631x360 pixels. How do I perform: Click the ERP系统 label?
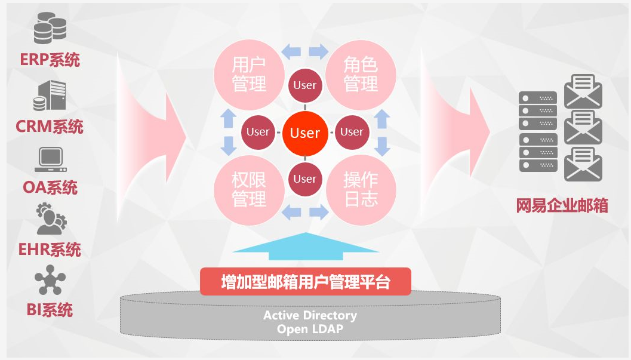coord(50,60)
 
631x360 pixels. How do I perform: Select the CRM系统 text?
coord(50,127)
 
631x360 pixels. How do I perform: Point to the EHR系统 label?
coord(50,248)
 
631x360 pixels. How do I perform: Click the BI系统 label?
coord(50,310)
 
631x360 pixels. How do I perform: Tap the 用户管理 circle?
coord(248,74)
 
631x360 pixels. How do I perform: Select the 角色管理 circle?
coord(361,74)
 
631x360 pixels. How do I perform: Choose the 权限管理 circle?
coord(248,190)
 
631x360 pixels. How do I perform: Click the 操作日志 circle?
coord(361,190)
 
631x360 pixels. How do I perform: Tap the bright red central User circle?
coord(305,133)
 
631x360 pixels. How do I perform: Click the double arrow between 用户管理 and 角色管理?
coord(305,51)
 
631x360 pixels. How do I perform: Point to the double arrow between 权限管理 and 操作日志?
coord(305,211)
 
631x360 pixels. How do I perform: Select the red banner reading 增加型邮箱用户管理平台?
coord(305,282)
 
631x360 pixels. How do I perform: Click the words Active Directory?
coord(310,315)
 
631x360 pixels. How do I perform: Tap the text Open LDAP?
coord(310,329)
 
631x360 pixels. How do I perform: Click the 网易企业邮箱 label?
coord(562,207)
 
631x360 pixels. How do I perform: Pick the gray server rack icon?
coord(537,132)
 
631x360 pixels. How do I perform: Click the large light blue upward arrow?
coord(305,246)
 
